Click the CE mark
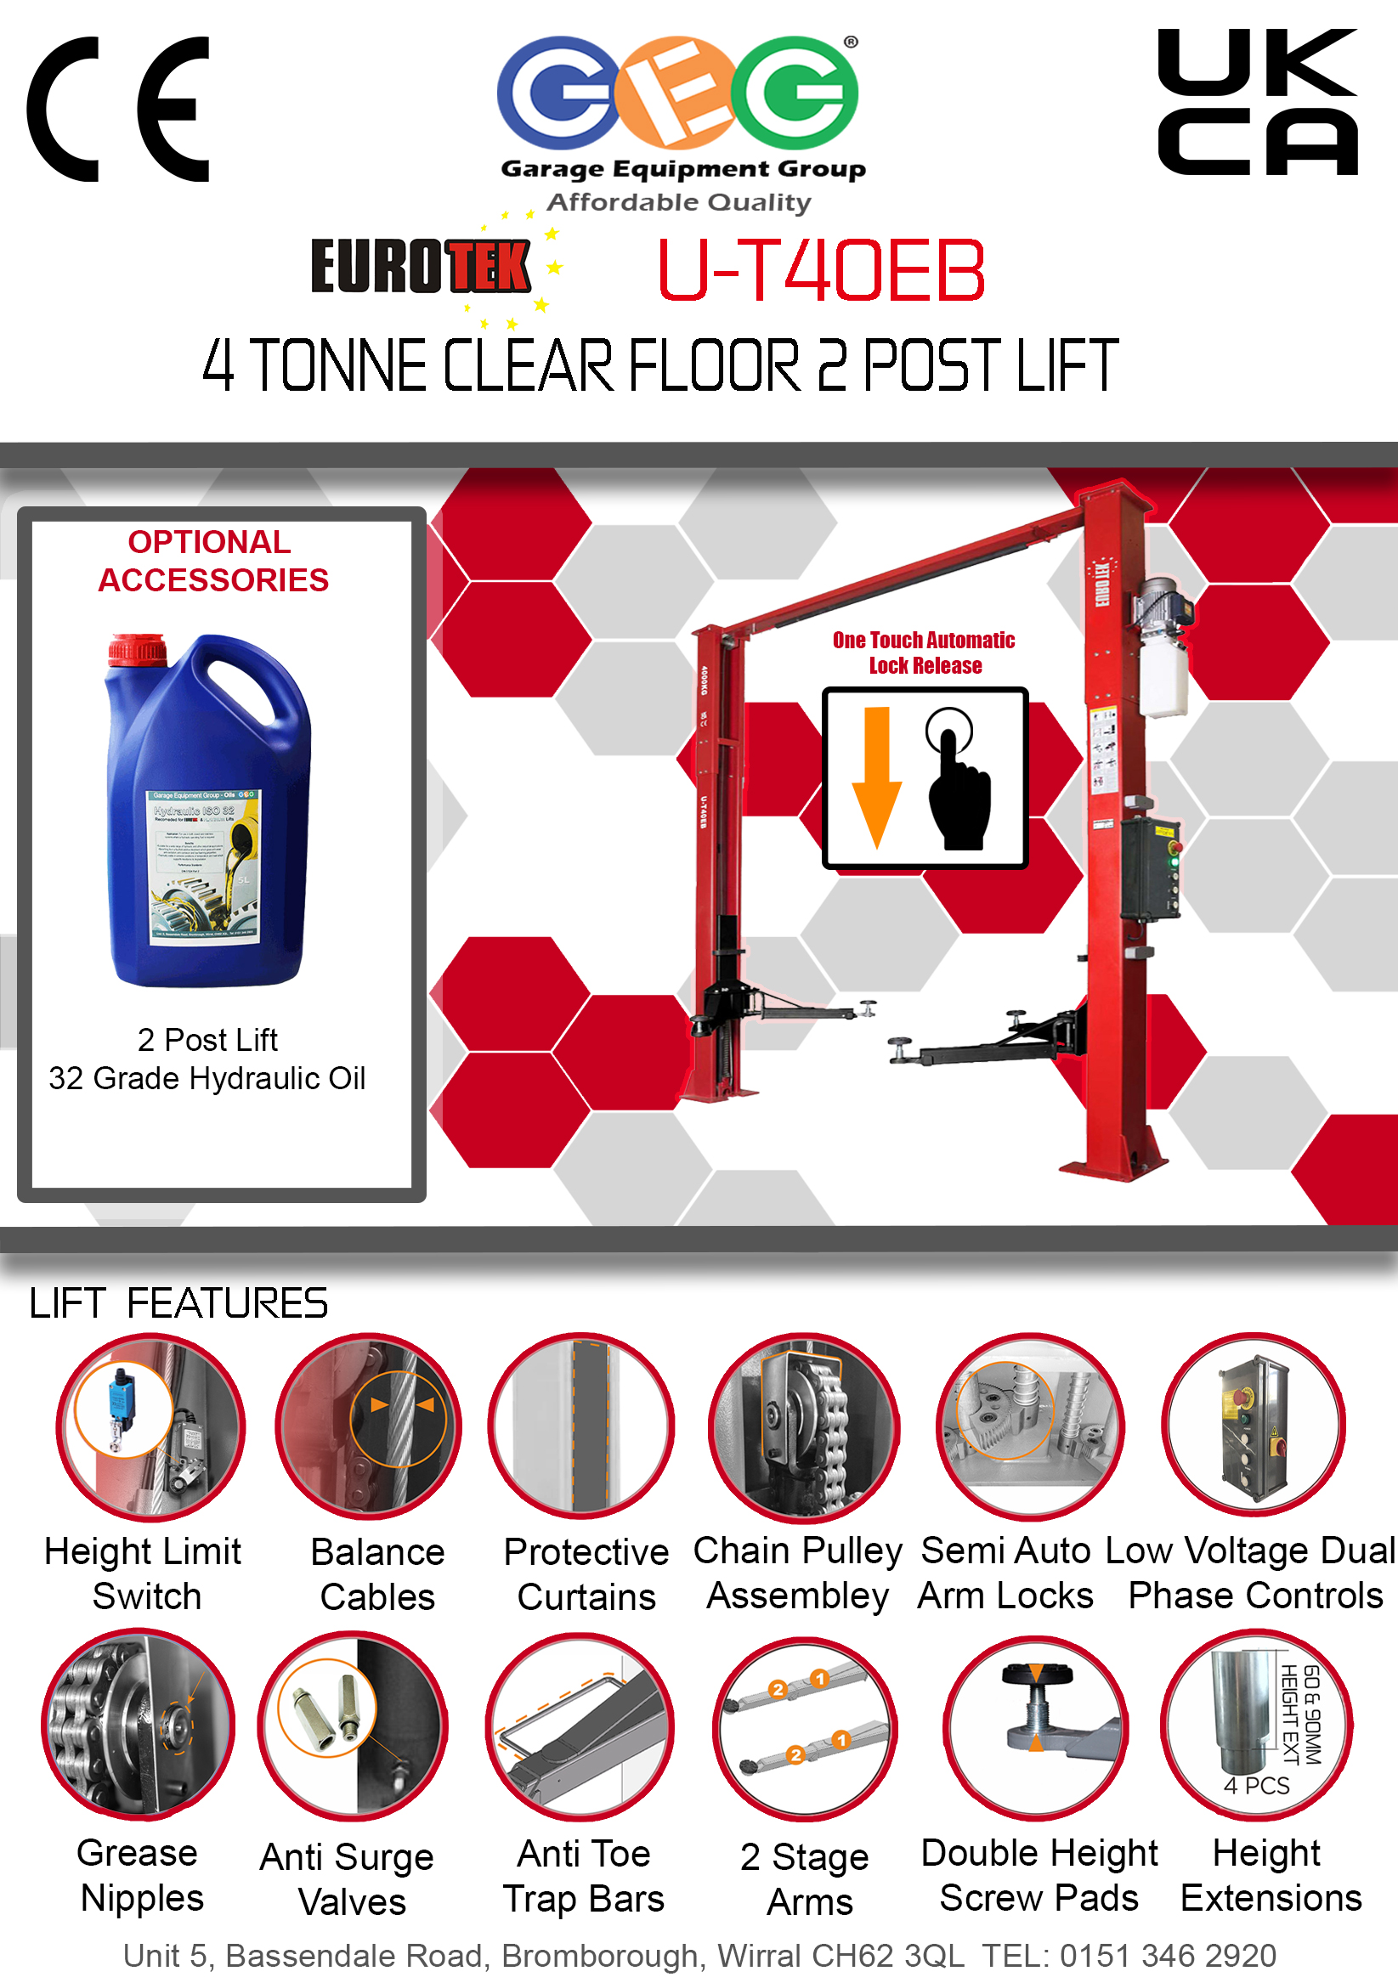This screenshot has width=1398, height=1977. [x=119, y=110]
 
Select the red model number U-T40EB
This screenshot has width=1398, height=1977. [x=821, y=270]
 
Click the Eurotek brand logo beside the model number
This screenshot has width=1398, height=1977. [x=422, y=267]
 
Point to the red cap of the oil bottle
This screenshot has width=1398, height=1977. [x=137, y=649]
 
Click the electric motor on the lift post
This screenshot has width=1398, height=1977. [x=1163, y=607]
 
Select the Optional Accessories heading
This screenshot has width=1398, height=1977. [x=212, y=561]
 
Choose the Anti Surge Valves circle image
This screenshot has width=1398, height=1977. [x=353, y=1725]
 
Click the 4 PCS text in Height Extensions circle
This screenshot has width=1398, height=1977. [x=1256, y=1786]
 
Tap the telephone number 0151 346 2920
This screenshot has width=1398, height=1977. [x=1167, y=1956]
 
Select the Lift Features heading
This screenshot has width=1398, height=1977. [x=178, y=1302]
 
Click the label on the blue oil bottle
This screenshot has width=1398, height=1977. [x=204, y=866]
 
